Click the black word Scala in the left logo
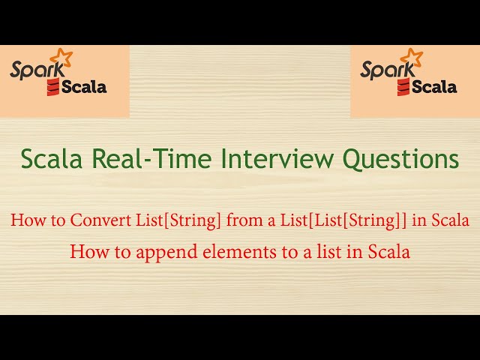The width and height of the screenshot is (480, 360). [84, 86]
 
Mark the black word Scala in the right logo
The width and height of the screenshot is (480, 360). [433, 86]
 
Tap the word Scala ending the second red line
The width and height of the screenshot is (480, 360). [389, 252]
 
